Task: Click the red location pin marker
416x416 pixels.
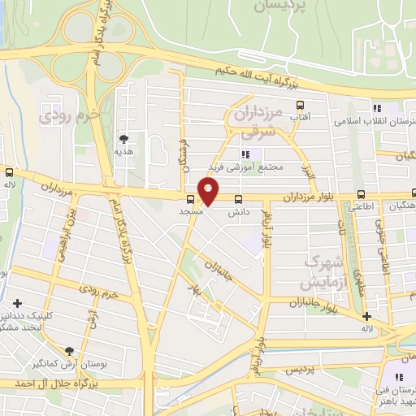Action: click(210, 192)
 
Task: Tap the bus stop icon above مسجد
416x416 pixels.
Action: click(190, 199)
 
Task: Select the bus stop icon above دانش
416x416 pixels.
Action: click(238, 200)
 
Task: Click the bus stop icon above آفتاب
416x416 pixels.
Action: click(300, 105)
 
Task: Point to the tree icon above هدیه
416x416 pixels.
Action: click(123, 139)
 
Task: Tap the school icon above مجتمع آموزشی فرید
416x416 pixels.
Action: click(245, 154)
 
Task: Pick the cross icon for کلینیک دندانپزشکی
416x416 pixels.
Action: click(17, 303)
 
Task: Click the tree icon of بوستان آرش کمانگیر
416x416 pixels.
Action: click(69, 350)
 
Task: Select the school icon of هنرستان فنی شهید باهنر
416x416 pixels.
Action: click(399, 377)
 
